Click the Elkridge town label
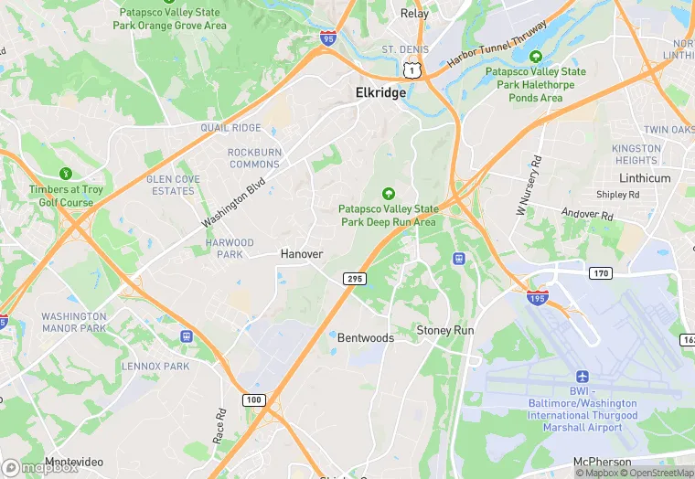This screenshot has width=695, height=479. (x=380, y=92)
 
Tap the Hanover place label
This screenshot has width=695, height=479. (x=302, y=253)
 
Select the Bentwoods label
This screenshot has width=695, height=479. (x=366, y=337)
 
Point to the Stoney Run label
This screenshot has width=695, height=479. (x=445, y=329)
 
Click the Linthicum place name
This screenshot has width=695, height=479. (x=645, y=178)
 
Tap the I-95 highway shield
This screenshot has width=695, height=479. (x=327, y=38)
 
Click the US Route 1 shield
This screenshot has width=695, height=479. (x=413, y=69)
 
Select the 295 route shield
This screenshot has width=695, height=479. (x=354, y=278)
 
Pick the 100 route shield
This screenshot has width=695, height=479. (x=253, y=400)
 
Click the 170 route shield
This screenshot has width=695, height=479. (x=600, y=272)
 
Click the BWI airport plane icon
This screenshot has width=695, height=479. (x=583, y=377)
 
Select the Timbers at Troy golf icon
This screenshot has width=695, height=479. (x=65, y=174)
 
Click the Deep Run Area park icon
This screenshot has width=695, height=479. (x=389, y=193)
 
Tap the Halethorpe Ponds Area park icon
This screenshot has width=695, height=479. (x=536, y=57)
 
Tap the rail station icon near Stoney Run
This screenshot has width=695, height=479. (x=459, y=259)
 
